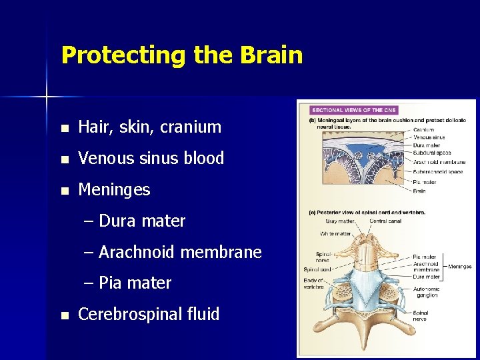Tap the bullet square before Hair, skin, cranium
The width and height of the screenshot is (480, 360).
63,127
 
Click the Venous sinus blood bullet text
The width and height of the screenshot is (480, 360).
151,158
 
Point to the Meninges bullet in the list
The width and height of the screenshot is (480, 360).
114,190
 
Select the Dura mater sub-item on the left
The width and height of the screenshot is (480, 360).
141,221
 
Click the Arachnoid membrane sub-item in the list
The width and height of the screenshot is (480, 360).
180,252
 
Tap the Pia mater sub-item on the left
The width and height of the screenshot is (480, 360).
135,283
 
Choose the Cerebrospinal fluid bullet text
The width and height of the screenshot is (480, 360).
149,314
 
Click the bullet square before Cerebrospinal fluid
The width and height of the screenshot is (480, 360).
63,315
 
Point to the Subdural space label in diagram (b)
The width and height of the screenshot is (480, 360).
432,153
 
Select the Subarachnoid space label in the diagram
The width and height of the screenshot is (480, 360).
437,171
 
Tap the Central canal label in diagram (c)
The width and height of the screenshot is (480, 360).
386,221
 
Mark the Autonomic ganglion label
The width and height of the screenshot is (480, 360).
427,291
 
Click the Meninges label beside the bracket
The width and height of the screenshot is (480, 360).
460,267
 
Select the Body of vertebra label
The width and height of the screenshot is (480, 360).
314,283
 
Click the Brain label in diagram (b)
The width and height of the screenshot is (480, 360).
420,190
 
